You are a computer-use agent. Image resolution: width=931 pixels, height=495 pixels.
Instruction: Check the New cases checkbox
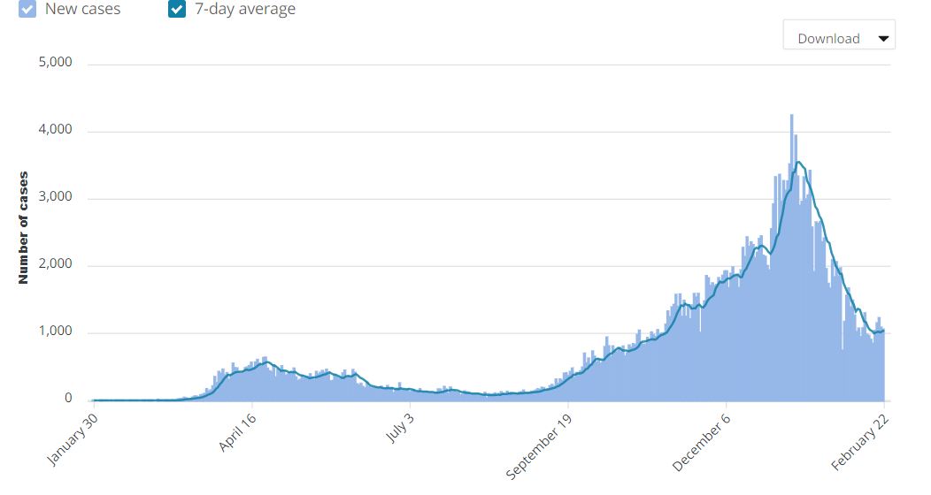27,10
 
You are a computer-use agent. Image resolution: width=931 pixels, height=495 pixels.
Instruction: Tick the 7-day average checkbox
177,10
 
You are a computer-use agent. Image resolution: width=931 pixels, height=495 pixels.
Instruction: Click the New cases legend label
82,10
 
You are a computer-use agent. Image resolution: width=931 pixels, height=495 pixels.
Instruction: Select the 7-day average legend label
245,10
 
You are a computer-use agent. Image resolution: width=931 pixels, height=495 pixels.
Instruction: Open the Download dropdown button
838,38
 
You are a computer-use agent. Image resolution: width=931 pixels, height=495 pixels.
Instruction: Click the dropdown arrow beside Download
882,39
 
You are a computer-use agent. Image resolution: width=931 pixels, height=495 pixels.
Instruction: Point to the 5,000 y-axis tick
55,64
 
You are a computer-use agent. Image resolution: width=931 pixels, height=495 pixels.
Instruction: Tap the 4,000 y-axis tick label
55,131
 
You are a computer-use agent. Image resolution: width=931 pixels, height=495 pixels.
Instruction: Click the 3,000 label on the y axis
55,198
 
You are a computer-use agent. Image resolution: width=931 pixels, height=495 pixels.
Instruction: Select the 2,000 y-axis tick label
55,265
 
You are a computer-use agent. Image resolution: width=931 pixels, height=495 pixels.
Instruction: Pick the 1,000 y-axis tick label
55,332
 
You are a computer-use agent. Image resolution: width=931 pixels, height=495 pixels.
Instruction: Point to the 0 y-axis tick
67,400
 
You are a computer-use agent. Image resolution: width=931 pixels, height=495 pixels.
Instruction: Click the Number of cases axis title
24,227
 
